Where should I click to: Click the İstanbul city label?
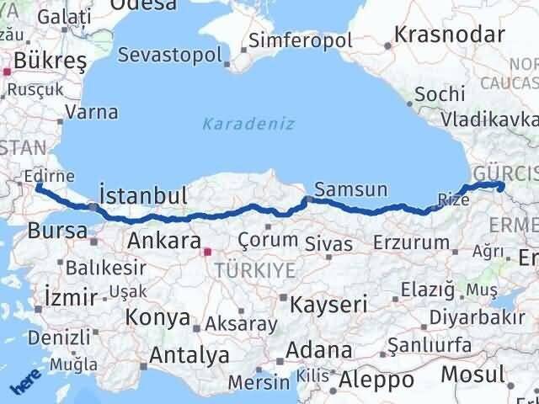click(x=143, y=196)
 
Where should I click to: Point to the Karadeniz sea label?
click(x=248, y=124)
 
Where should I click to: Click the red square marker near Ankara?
click(x=207, y=250)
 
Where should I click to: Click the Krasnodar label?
click(x=450, y=35)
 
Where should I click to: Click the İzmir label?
click(x=65, y=295)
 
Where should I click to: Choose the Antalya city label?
click(x=189, y=355)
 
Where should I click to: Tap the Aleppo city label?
click(x=376, y=380)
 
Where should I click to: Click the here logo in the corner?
click(x=25, y=385)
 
